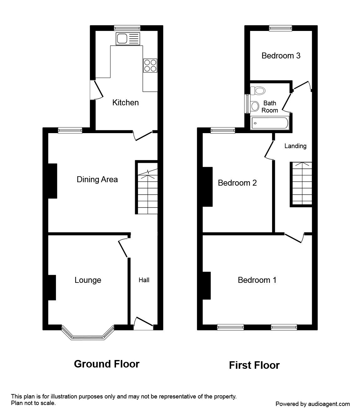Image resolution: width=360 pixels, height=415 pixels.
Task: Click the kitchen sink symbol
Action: [128, 39]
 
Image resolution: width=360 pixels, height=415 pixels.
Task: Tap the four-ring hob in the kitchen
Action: [150, 66]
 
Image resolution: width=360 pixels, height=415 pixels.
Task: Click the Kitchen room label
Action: [125, 102]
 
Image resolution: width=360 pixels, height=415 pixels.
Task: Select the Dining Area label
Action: [97, 179]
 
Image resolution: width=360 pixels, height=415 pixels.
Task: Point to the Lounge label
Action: [88, 280]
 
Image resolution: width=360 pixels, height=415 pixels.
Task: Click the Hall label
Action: [144, 280]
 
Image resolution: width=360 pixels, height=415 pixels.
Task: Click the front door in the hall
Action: [144, 324]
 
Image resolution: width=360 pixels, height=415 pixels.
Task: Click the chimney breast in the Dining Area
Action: [52, 181]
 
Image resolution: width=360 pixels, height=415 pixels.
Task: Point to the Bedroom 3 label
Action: [281, 56]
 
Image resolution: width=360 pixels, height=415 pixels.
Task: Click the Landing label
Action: [295, 146]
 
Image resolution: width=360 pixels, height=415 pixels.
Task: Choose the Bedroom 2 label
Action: [237, 183]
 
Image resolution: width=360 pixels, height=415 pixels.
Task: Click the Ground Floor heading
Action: [106, 364]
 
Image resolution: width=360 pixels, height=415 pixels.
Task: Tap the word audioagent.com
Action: [329, 404]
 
